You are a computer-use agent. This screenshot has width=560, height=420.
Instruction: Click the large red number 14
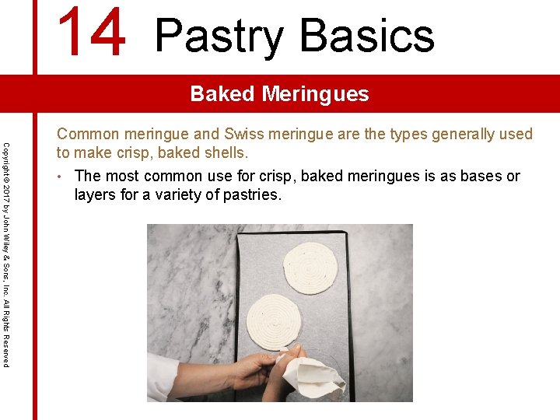tap(92, 33)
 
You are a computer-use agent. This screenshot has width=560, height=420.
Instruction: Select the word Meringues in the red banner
tap(315, 94)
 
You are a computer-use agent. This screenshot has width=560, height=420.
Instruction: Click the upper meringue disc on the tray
tap(310, 267)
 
